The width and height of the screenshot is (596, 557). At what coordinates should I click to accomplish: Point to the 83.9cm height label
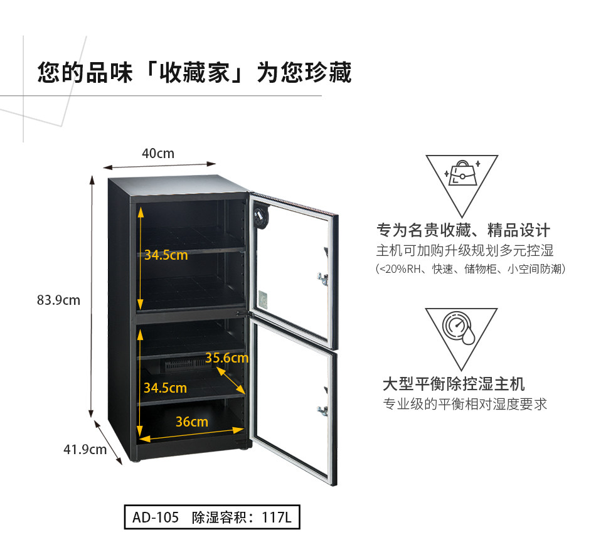tap(59, 300)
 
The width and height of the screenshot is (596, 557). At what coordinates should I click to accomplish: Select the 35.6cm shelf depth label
tap(227, 358)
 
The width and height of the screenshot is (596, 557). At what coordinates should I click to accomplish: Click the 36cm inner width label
tap(191, 422)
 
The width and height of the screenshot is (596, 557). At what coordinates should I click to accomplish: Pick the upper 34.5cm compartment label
tap(166, 255)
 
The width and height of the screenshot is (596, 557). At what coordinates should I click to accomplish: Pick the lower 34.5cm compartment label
tap(165, 388)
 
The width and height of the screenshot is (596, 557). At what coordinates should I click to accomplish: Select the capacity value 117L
tap(277, 518)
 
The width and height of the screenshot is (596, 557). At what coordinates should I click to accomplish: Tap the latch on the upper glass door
tap(323, 278)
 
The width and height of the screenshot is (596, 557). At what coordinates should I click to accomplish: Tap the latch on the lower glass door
tap(323, 411)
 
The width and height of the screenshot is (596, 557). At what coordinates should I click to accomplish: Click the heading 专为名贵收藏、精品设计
tap(463, 230)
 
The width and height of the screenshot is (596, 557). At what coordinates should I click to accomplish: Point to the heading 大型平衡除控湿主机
tap(454, 383)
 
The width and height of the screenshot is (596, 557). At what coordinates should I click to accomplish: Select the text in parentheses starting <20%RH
tap(471, 269)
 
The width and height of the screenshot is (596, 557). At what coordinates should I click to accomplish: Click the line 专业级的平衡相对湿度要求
tap(465, 404)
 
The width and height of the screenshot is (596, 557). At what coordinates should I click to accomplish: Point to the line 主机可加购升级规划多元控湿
tap(465, 251)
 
